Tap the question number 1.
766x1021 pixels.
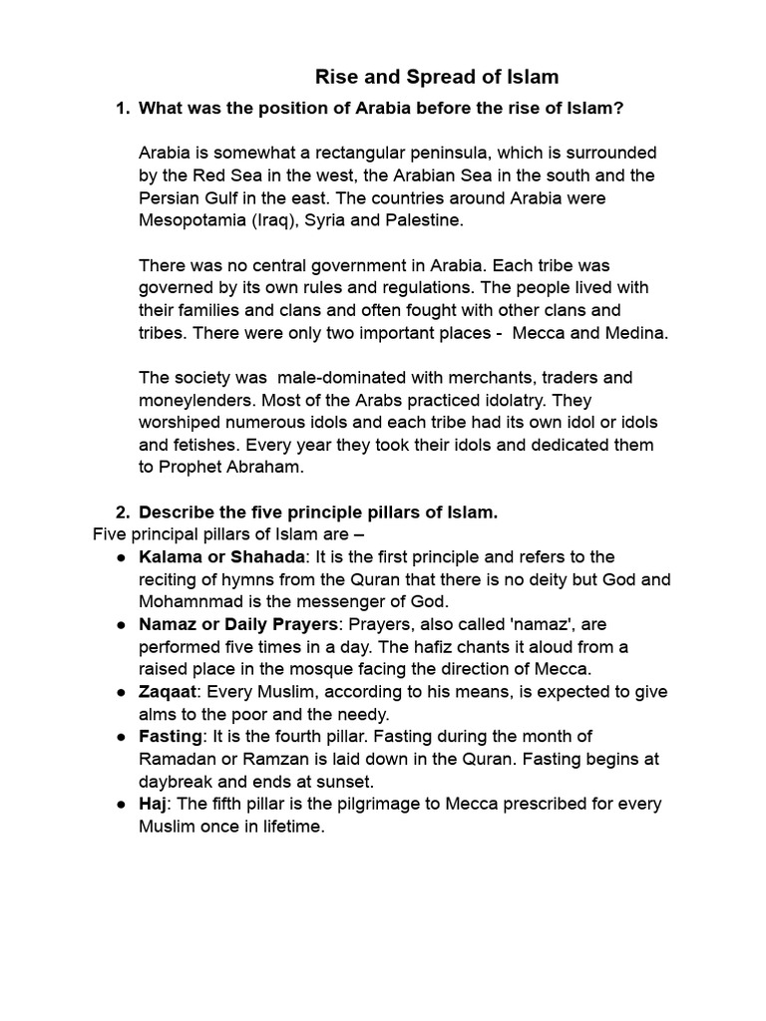pyautogui.click(x=122, y=108)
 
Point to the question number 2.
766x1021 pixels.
pyautogui.click(x=122, y=512)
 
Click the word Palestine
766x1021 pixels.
pyautogui.click(x=428, y=219)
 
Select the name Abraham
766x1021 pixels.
pyautogui.click(x=262, y=467)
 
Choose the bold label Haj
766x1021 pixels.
pyautogui.click(x=152, y=804)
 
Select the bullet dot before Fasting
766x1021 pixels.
pyautogui.click(x=120, y=736)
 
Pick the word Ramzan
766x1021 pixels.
pyautogui.click(x=257, y=759)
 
